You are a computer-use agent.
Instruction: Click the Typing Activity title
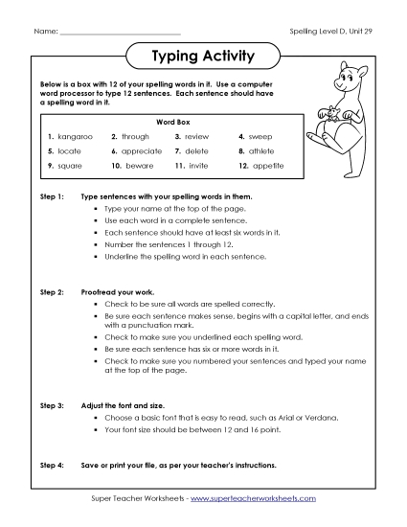[203, 57]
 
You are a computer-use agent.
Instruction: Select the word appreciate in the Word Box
[142, 151]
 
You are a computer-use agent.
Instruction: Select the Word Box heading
[167, 123]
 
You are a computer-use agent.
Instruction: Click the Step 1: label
[51, 196]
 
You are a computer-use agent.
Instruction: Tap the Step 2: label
[51, 288]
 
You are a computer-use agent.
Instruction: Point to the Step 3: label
[51, 405]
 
